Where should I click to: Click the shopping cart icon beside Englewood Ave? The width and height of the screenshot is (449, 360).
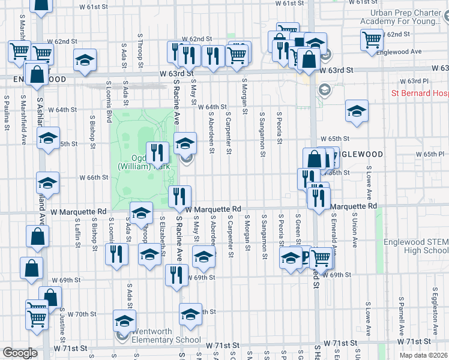click(372, 39)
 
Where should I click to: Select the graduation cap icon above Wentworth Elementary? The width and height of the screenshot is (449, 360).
click(124, 320)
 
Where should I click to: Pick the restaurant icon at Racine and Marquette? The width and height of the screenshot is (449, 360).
click(179, 196)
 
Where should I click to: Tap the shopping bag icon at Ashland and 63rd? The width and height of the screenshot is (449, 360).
click(37, 76)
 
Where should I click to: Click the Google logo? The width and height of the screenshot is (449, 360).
click(20, 353)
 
